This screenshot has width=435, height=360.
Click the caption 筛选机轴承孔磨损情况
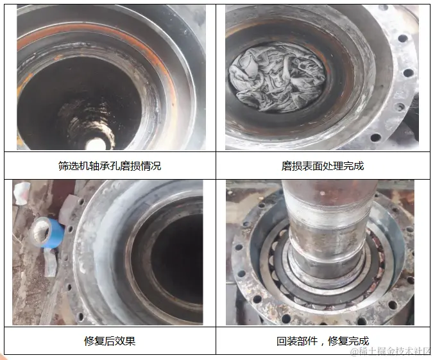[x=110, y=166]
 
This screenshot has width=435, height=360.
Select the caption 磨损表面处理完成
[x=323, y=166]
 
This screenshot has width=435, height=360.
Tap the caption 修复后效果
[x=110, y=341]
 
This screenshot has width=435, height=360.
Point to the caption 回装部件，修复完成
[x=323, y=341]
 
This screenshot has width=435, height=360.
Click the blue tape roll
[x=47, y=232]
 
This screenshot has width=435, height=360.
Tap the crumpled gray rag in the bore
[x=277, y=78]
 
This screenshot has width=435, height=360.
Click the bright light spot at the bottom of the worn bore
[x=96, y=144]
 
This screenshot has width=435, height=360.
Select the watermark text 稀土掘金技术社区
[x=392, y=351]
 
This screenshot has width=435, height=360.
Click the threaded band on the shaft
[x=328, y=214]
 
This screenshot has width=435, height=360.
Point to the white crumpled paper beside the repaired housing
[x=21, y=193]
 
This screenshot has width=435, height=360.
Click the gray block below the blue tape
[x=50, y=263]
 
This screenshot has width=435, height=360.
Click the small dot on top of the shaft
[x=322, y=193]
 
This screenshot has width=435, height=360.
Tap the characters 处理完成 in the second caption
[x=343, y=166]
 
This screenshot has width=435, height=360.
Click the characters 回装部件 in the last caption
[x=297, y=341]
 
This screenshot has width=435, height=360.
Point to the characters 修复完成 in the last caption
[x=348, y=341]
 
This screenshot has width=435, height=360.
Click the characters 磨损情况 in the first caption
[x=141, y=166]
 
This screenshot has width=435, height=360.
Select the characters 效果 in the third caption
[x=125, y=341]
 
